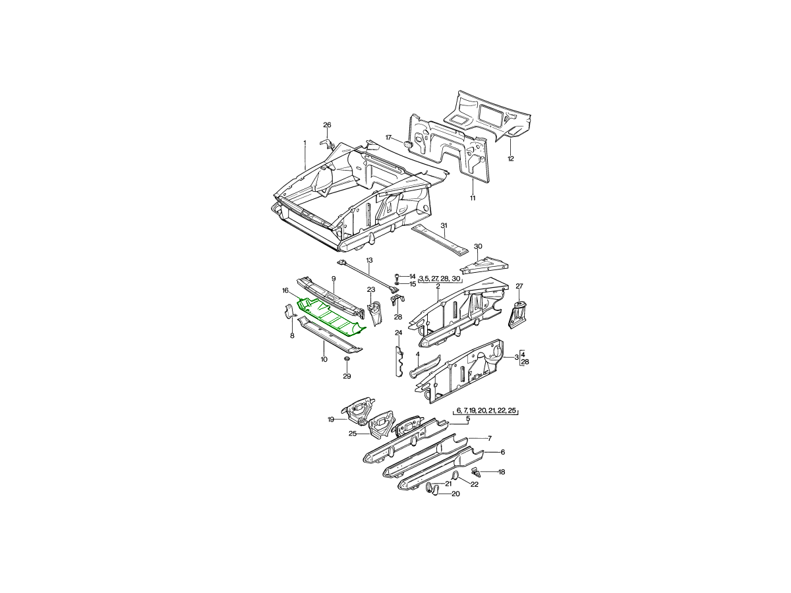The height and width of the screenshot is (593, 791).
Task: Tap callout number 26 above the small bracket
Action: coord(327,125)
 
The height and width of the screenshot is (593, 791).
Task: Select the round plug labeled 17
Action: coord(408,144)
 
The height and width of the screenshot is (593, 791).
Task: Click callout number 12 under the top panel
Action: coord(511,158)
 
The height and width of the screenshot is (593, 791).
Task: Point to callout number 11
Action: coord(473,198)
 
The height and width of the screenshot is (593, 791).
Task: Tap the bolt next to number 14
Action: coord(397,276)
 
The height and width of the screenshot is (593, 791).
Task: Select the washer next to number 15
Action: coord(397,284)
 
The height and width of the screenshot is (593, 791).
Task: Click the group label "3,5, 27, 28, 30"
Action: coord(439,278)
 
